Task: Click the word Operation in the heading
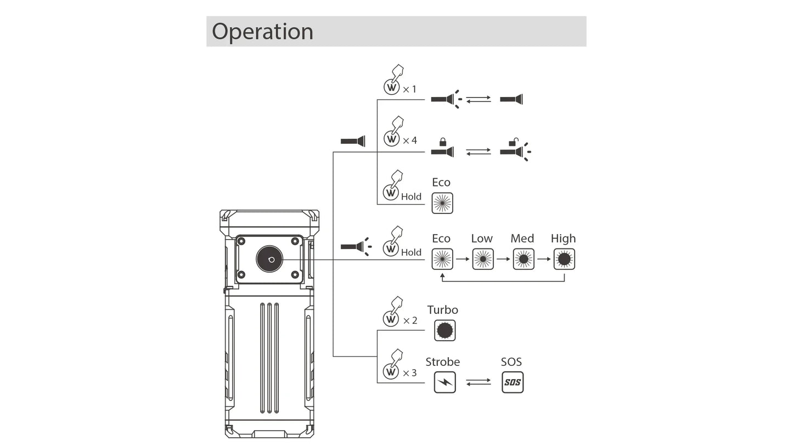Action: tap(262, 31)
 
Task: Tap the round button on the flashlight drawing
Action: tap(269, 259)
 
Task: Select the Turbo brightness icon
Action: tap(445, 330)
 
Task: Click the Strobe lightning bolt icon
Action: tap(445, 382)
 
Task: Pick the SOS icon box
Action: tap(513, 382)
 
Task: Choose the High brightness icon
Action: tap(564, 259)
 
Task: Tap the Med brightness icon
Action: tap(524, 259)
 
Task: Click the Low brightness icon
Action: tap(483, 259)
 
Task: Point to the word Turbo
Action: tap(442, 310)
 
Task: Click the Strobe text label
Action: tap(442, 362)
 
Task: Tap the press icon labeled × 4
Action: tap(393, 132)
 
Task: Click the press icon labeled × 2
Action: tap(393, 312)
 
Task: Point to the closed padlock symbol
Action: tap(443, 142)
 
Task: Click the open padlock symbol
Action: tap(513, 143)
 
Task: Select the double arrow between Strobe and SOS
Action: tap(479, 382)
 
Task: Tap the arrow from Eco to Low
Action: tap(463, 259)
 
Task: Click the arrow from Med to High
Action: tap(544, 259)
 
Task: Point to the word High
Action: tap(563, 239)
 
